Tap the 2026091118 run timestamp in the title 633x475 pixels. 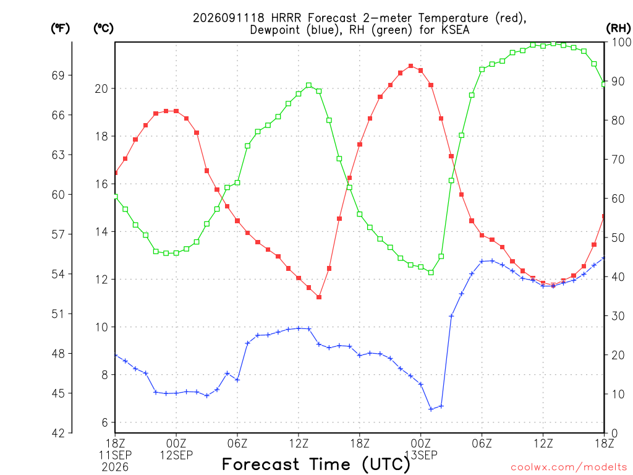pyautogui.click(x=229, y=18)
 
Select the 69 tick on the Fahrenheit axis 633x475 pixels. pyautogui.click(x=58, y=75)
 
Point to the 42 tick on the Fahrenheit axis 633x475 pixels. pyautogui.click(x=58, y=433)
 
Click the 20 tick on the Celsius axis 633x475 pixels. pyautogui.click(x=101, y=88)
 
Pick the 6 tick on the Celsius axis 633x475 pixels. pyautogui.click(x=105, y=422)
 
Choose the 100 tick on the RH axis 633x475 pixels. pyautogui.click(x=622, y=42)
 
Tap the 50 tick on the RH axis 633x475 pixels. pyautogui.click(x=618, y=237)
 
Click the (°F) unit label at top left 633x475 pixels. pyautogui.click(x=60, y=28)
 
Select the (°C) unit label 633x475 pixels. pyautogui.click(x=103, y=28)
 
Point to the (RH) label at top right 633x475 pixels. pyautogui.click(x=618, y=28)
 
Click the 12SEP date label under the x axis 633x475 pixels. pyautogui.click(x=176, y=455)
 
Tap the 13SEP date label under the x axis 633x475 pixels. pyautogui.click(x=421, y=455)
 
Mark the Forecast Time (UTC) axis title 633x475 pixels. pyautogui.click(x=316, y=464)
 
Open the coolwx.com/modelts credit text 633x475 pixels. pyautogui.click(x=569, y=468)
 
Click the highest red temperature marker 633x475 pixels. pyautogui.click(x=410, y=66)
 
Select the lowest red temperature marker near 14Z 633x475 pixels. pyautogui.click(x=319, y=297)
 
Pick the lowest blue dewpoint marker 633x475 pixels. pyautogui.click(x=431, y=409)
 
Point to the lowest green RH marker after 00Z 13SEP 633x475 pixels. pyautogui.click(x=431, y=273)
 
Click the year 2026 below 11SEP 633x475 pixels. pyautogui.click(x=115, y=468)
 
